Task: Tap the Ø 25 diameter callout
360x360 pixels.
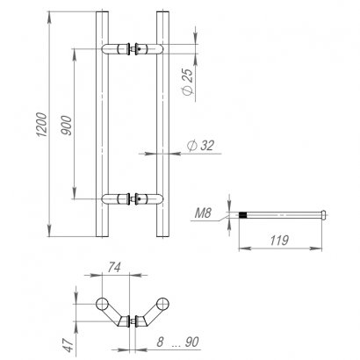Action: (x=191, y=82)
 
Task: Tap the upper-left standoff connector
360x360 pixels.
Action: (x=116, y=48)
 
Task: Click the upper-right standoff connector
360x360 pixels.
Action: (x=143, y=48)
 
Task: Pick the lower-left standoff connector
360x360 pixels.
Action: (x=116, y=198)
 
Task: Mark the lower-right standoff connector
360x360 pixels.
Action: (x=143, y=198)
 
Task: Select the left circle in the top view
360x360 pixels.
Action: (x=103, y=304)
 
